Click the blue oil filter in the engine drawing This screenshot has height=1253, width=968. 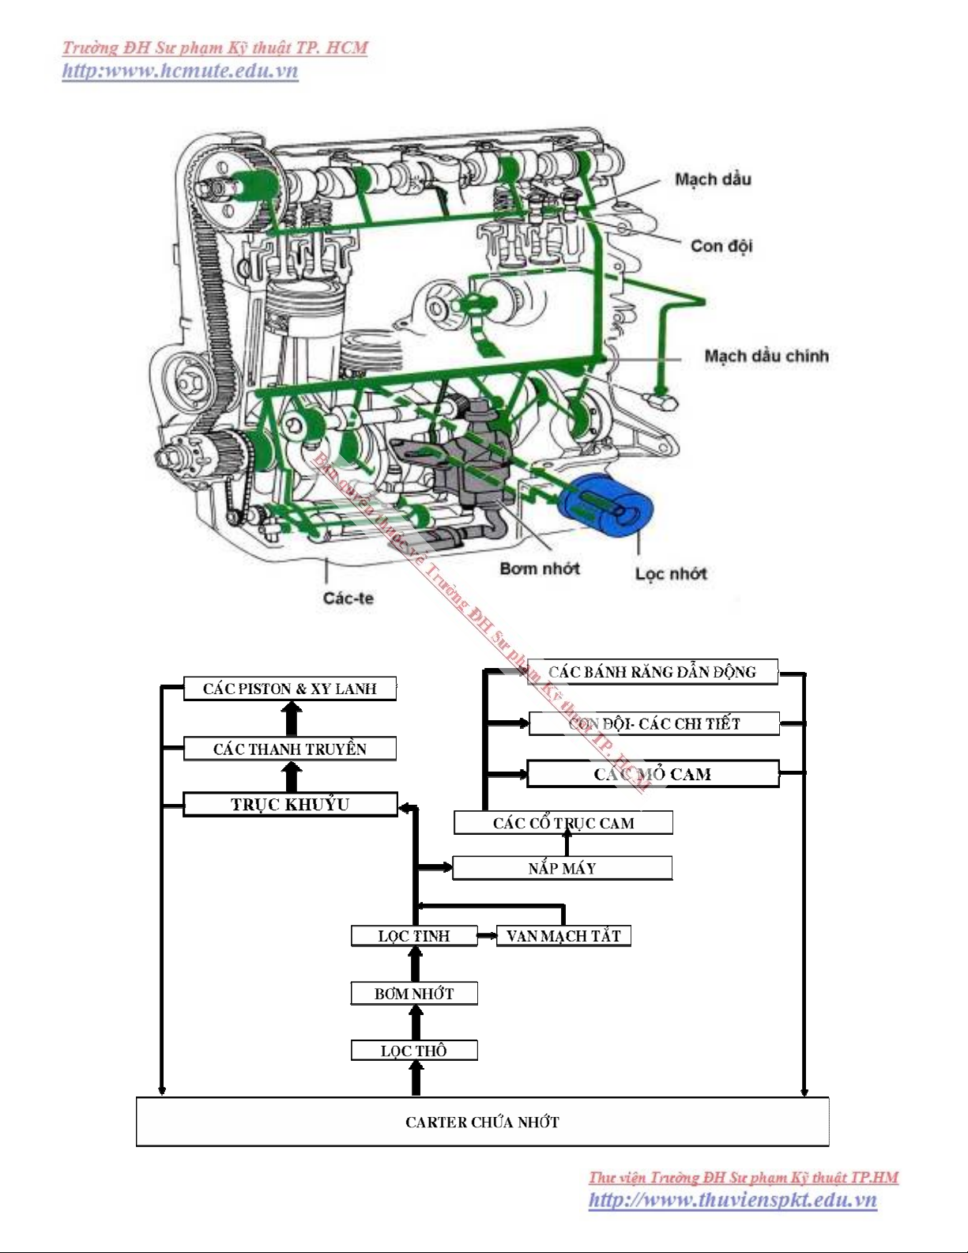point(605,504)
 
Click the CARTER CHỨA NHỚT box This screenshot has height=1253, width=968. point(482,1121)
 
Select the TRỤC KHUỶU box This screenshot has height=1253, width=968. point(290,804)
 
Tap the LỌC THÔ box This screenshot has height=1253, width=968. point(414,1051)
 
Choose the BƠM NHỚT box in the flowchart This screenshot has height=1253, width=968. point(414,994)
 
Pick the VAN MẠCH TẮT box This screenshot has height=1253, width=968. point(563,936)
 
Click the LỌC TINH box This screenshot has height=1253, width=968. point(414,936)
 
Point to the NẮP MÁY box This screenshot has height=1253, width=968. point(562,868)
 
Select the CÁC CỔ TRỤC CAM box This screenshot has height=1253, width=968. point(563,823)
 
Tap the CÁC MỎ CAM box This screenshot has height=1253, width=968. point(653,774)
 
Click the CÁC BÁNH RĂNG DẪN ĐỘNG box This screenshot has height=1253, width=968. point(653,672)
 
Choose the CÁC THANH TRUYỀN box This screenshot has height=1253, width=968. point(290,749)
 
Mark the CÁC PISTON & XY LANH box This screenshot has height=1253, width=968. point(290,689)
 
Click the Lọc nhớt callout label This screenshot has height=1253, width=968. point(671,574)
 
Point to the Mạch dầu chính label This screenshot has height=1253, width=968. point(766,357)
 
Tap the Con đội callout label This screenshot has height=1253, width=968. point(721,246)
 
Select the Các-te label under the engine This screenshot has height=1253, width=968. point(348,598)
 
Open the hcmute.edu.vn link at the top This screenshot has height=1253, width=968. point(180,70)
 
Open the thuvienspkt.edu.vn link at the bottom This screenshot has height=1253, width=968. point(733,1200)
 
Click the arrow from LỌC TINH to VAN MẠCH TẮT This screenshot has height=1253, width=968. point(487,936)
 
